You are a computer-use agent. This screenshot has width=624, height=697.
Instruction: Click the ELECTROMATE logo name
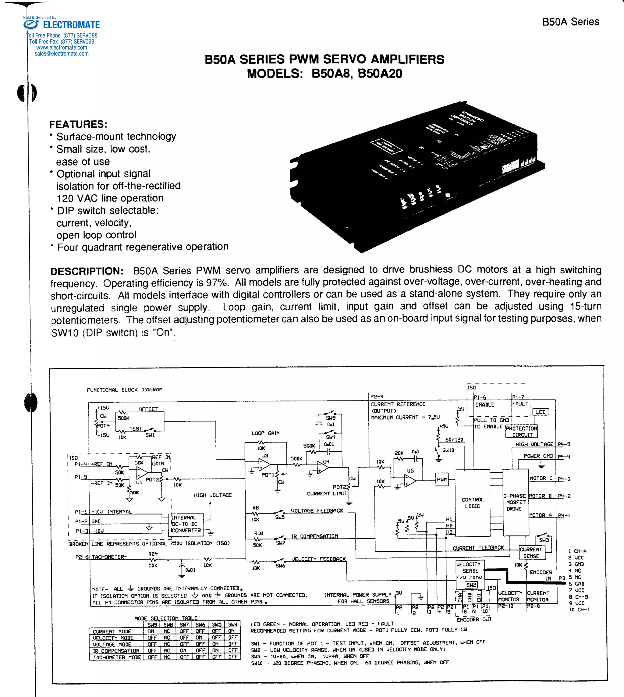[x=71, y=25]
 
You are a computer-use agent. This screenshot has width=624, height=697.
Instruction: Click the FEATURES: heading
[x=78, y=124]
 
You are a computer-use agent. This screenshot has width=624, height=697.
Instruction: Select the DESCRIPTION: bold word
[x=87, y=271]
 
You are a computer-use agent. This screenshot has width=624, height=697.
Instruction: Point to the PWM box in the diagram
[x=441, y=479]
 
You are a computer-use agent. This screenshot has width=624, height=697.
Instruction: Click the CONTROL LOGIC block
[x=472, y=503]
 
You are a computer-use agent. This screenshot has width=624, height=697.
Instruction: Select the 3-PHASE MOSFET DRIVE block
[x=515, y=502]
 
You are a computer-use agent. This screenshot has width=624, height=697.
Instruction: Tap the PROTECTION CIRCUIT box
[x=522, y=432]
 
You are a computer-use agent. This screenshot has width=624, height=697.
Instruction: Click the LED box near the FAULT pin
[x=540, y=412]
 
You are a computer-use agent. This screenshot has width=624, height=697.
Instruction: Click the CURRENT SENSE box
[x=531, y=553]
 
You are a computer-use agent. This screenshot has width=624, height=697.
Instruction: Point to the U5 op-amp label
[x=410, y=471]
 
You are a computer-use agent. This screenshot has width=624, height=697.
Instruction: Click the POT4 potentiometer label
[x=103, y=426]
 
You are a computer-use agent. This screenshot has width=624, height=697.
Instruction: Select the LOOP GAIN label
[x=265, y=433]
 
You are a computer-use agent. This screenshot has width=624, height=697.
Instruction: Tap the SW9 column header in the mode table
[x=152, y=625]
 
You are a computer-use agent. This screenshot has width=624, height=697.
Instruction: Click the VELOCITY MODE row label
[x=113, y=638]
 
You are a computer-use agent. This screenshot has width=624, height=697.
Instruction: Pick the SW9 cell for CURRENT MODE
[x=151, y=631]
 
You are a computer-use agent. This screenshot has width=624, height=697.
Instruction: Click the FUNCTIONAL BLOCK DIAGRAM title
[x=124, y=390]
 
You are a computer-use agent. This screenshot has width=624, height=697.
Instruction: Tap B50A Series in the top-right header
[x=570, y=22]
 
